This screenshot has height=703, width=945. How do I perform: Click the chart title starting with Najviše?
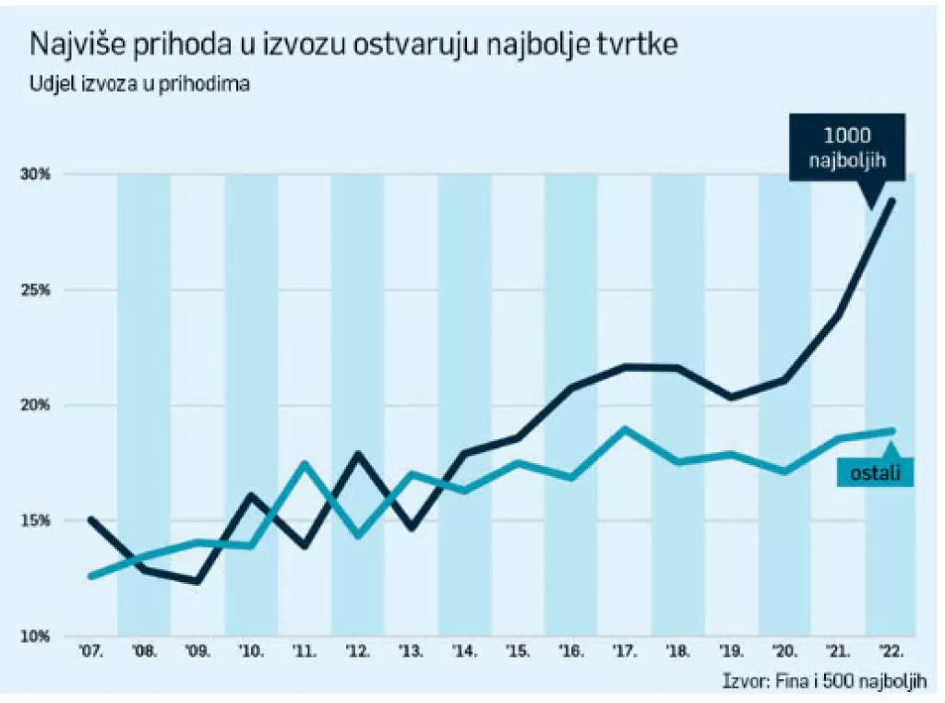click(354, 45)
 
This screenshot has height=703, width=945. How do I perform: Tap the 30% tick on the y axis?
click(36, 174)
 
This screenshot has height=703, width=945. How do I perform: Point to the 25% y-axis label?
click(36, 290)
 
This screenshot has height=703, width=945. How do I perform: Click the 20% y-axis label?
click(36, 405)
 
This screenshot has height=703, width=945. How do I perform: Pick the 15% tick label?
click(36, 520)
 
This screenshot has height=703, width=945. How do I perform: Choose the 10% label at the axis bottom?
click(36, 636)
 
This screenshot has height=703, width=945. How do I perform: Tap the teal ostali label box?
click(875, 472)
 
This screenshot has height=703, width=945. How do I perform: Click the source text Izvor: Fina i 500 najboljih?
click(824, 682)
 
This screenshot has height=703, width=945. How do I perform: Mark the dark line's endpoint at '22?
click(892, 201)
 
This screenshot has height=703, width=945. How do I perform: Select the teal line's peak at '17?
click(625, 429)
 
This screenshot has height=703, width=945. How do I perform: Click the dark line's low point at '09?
click(197, 581)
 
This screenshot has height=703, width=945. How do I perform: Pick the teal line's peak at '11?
click(305, 463)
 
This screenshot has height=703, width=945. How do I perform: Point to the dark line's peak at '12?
click(357, 454)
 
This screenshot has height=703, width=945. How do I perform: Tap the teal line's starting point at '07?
click(90, 576)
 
